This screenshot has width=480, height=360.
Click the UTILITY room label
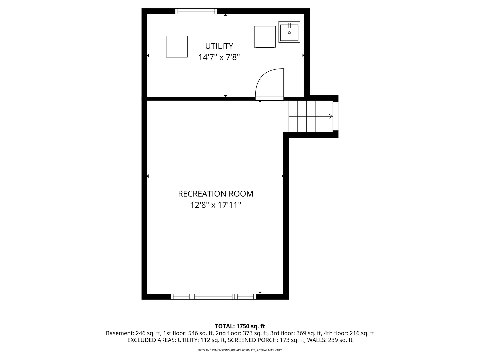click(x=219, y=46)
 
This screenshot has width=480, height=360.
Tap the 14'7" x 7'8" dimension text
click(x=219, y=57)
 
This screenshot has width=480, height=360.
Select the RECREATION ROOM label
click(x=215, y=194)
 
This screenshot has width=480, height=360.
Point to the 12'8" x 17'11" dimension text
click(x=215, y=205)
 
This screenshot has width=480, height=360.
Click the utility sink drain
click(x=289, y=33)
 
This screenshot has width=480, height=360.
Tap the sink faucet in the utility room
click(x=289, y=26)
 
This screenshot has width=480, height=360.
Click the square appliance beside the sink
click(x=265, y=37)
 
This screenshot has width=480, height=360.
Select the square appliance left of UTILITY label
click(x=177, y=47)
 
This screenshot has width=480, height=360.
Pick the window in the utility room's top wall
click(x=196, y=11)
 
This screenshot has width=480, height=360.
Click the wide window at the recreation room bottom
click(x=213, y=297)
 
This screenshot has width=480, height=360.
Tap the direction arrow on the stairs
click(x=331, y=116)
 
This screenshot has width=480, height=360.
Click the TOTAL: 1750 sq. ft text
click(x=240, y=326)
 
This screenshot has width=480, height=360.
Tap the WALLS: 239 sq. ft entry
click(x=330, y=340)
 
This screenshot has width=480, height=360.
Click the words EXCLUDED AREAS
click(x=151, y=340)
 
